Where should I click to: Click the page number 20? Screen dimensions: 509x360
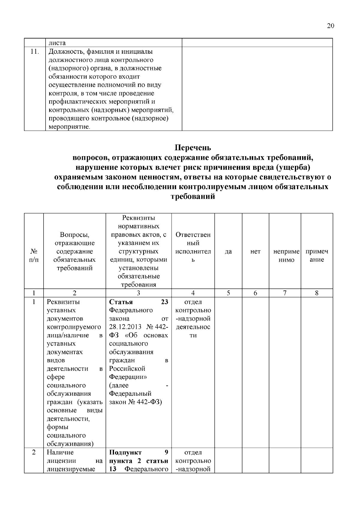tap(330, 26)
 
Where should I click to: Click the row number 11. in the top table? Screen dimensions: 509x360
tap(34, 52)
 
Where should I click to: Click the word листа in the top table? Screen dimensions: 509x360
tap(57, 43)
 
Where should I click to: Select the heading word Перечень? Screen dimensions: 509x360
tap(193, 148)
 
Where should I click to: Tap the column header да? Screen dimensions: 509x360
tap(228, 252)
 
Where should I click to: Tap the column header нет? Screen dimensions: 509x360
tap(255, 252)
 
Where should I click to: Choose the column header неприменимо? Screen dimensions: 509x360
tap(286, 256)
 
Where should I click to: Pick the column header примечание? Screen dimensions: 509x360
tap(317, 256)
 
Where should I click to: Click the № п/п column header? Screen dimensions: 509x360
tap(34, 256)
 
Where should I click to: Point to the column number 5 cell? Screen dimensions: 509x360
tap(228, 293)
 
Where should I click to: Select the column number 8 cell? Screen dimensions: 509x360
tap(317, 293)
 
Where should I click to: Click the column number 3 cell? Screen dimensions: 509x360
tap(138, 293)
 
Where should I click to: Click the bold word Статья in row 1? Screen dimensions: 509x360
tap(121, 302)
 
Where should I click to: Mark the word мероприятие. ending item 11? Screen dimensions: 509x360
tap(69, 127)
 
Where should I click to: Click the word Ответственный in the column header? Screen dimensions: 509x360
tap(193, 239)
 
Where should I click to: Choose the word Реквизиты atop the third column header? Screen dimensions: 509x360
tap(139, 218)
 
